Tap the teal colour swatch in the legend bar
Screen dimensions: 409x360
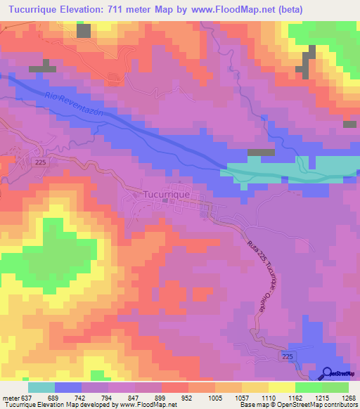[x=41, y=387]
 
